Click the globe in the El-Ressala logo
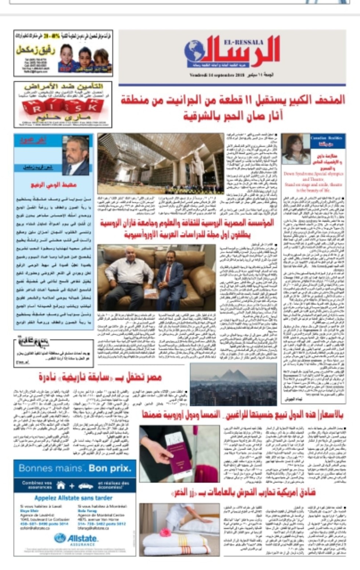[x=195, y=51]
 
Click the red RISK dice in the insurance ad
[x=63, y=107]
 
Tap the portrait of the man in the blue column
[x=76, y=155]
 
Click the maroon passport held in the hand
[x=179, y=452]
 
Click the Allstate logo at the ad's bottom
[x=76, y=539]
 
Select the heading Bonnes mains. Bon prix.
[x=75, y=468]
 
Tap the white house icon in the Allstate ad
[x=61, y=486]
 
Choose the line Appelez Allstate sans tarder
[x=73, y=498]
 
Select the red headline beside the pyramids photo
[x=100, y=377]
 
